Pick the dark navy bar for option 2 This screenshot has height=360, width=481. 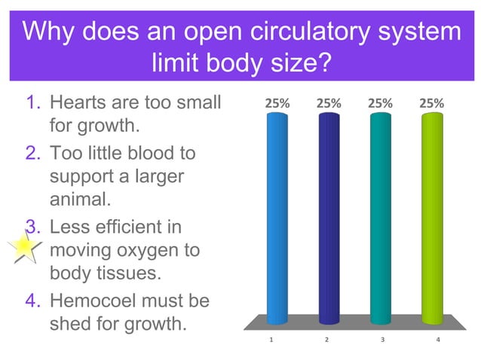[x=329, y=218]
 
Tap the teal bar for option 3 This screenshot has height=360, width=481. [x=380, y=218]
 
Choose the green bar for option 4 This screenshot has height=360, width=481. [x=432, y=218]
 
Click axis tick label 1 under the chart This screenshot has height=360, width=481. [x=271, y=340]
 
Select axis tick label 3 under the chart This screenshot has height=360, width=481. [x=382, y=340]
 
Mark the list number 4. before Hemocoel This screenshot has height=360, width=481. [x=34, y=301]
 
